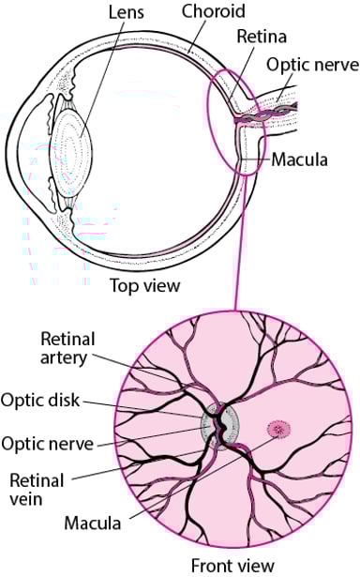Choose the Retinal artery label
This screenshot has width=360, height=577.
[x=67, y=348]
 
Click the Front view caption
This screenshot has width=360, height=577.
[x=232, y=566]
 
